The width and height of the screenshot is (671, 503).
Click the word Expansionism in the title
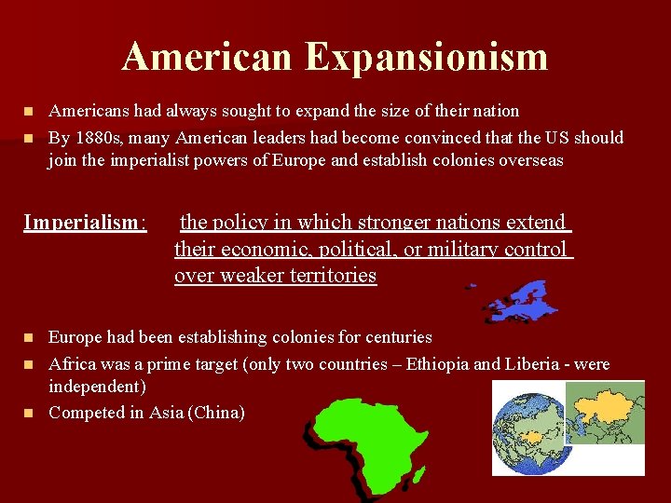click(x=426, y=57)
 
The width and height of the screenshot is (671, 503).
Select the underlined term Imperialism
click(x=84, y=223)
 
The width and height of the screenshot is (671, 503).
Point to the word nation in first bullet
click(x=494, y=111)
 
